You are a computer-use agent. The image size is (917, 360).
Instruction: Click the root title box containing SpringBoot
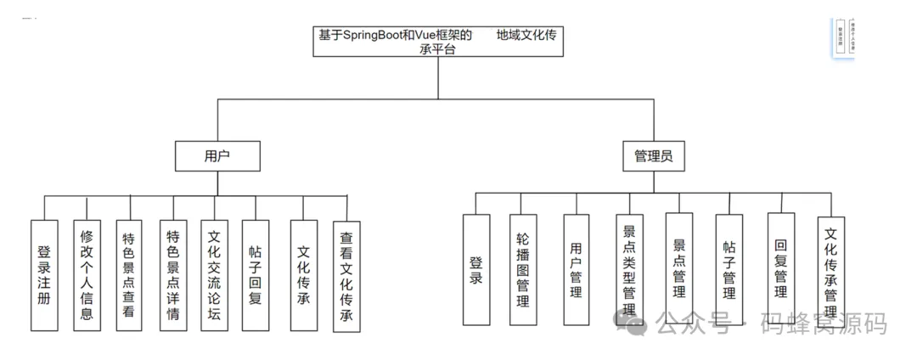click(437, 42)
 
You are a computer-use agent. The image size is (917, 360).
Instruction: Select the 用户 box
click(217, 156)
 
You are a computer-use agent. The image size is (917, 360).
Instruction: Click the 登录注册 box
click(45, 275)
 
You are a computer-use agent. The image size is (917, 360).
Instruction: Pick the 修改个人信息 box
click(87, 275)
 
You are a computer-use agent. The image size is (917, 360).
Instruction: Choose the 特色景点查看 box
click(129, 275)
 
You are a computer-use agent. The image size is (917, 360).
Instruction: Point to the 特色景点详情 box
click(173, 275)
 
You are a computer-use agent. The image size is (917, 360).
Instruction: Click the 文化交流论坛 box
click(214, 275)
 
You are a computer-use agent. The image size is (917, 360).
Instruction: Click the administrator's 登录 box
click(476, 269)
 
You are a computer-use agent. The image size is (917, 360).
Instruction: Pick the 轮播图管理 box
click(524, 269)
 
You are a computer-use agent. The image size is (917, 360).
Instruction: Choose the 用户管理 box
click(576, 269)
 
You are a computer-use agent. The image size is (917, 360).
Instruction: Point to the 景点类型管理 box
click(629, 269)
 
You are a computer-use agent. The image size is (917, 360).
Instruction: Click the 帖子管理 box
click(729, 269)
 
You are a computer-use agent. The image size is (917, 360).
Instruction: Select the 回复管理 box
click(781, 269)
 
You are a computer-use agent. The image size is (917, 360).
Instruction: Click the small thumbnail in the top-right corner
click(841, 37)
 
